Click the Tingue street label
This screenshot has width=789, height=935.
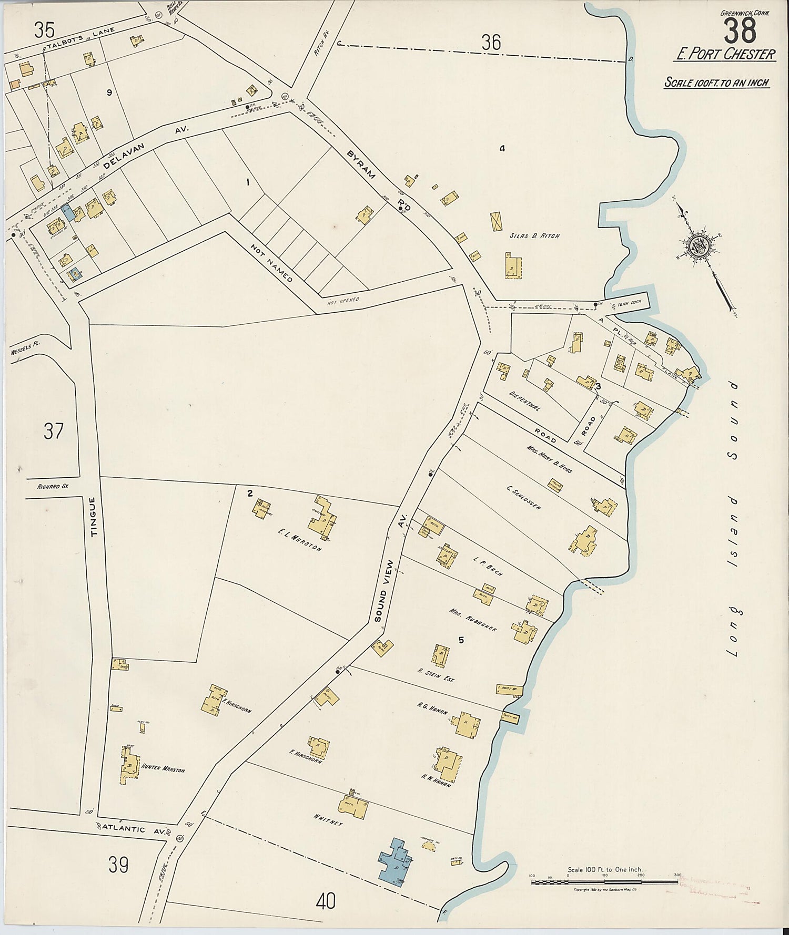95,517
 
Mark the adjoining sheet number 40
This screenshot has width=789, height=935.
326,902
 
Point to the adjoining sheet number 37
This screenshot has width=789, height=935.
53,431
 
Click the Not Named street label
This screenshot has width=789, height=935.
271,262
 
